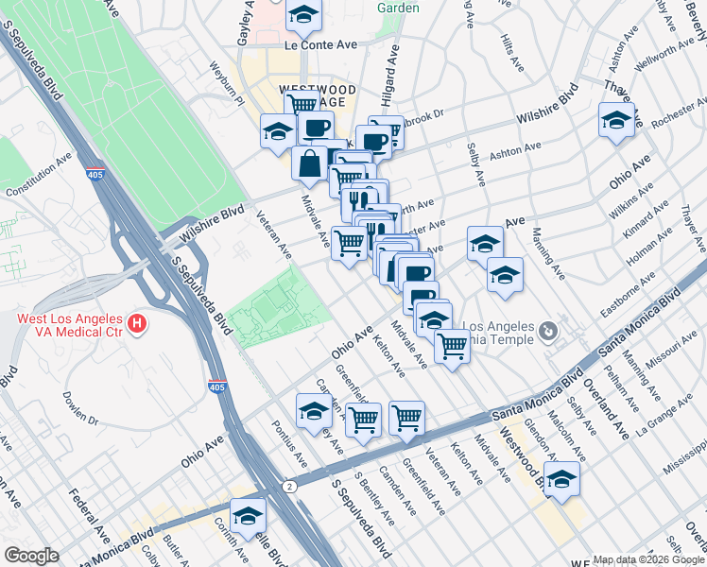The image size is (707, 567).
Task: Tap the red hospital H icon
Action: (x=138, y=325)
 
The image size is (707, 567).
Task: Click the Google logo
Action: (x=31, y=556)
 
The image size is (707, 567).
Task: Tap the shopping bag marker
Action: (x=310, y=163)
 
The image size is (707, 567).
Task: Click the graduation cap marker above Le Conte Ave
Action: (x=303, y=15)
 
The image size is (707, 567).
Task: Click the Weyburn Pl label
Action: (x=228, y=80)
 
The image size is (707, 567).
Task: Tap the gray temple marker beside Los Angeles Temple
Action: (x=547, y=331)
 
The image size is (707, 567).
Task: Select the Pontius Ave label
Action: (x=290, y=446)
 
